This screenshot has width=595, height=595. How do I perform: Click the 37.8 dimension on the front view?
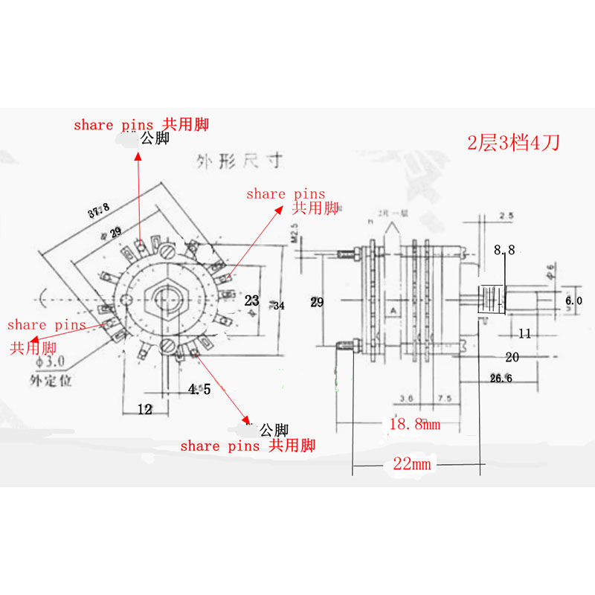coord(98,212)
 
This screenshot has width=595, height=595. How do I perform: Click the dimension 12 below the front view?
coord(144,408)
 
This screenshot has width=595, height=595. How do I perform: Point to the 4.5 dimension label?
coord(199,389)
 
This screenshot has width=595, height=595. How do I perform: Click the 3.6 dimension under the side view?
coord(405,399)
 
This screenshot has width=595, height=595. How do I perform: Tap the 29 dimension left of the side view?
coord(317,302)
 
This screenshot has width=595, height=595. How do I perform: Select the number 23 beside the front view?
coord(252,300)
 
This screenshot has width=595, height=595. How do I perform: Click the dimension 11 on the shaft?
coord(524,334)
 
